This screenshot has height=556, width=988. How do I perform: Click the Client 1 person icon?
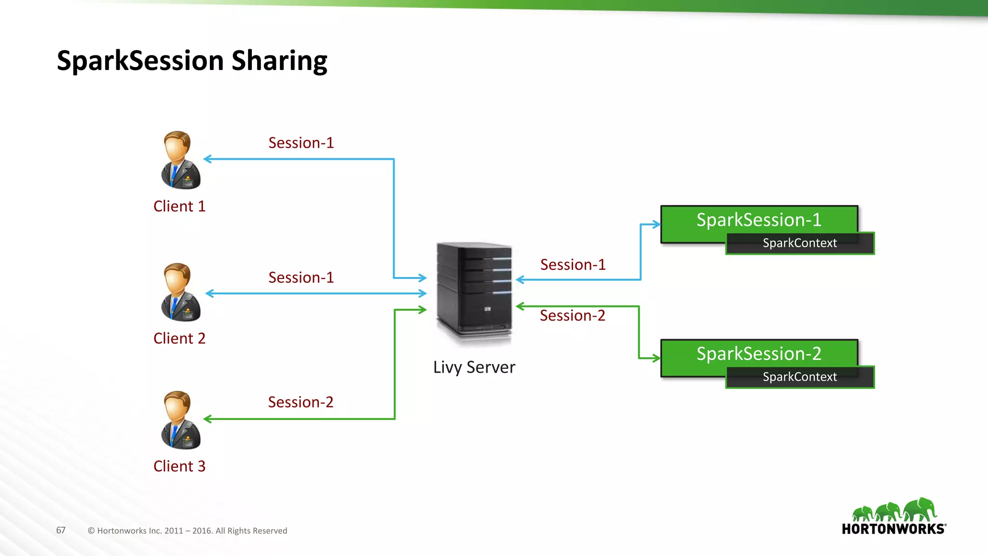pyautogui.click(x=180, y=160)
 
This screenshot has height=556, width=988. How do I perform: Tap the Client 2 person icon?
pyautogui.click(x=180, y=292)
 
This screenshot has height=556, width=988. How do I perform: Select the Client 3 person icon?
pyautogui.click(x=180, y=420)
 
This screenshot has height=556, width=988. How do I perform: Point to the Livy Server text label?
pyautogui.click(x=474, y=367)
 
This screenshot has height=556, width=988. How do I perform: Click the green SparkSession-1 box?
pyautogui.click(x=758, y=220)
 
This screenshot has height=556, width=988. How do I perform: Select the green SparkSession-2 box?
pyautogui.click(x=758, y=354)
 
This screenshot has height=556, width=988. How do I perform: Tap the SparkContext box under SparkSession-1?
pyautogui.click(x=799, y=243)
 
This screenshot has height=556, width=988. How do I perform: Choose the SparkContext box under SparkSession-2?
pyautogui.click(x=799, y=377)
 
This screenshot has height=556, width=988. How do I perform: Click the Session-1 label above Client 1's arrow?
pyautogui.click(x=301, y=143)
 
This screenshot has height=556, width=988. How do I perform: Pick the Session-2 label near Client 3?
pyautogui.click(x=301, y=402)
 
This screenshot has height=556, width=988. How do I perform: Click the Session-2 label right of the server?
pyautogui.click(x=572, y=316)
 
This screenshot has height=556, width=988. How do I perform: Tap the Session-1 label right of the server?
pyautogui.click(x=573, y=265)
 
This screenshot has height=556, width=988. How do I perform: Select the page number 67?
pyautogui.click(x=61, y=530)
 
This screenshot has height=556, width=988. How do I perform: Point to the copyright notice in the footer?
pyautogui.click(x=187, y=531)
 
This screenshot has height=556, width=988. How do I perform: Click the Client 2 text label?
pyautogui.click(x=179, y=338)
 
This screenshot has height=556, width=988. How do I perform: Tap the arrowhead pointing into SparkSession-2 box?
pyautogui.click(x=656, y=358)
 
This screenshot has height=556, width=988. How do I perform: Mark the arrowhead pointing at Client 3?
pyautogui.click(x=208, y=419)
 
